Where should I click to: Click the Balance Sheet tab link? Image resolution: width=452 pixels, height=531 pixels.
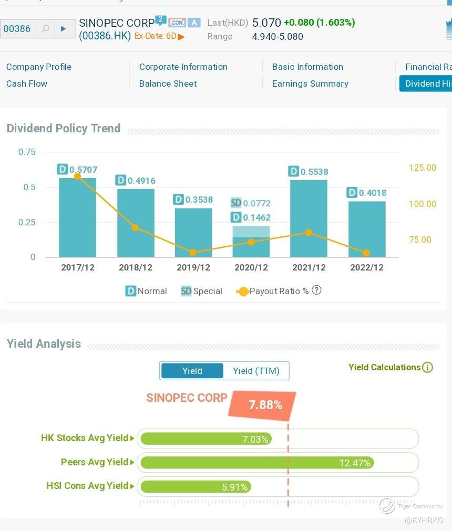[x=168, y=84]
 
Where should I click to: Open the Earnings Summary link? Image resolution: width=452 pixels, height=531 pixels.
[x=310, y=84]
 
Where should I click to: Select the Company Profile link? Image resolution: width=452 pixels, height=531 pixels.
[x=38, y=67]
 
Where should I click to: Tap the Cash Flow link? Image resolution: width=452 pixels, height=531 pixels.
[x=27, y=84]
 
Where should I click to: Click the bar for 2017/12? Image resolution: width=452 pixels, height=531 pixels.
[x=77, y=217]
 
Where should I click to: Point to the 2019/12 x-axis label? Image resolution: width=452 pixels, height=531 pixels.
[x=193, y=267]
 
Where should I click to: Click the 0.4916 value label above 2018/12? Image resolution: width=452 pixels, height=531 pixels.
[x=141, y=181]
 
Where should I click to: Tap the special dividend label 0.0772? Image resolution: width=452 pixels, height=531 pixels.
[x=256, y=203]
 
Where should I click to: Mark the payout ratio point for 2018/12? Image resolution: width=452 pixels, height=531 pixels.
[x=135, y=228]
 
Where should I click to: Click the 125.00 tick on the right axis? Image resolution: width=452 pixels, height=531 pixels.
[x=422, y=168]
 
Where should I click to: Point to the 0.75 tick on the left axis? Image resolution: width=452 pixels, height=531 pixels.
[x=27, y=152]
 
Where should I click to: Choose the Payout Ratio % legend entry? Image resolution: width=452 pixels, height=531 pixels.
[x=273, y=291]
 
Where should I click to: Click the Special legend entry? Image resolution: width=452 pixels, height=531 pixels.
[x=201, y=291]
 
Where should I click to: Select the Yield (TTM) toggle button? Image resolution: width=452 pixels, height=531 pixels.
[x=256, y=371]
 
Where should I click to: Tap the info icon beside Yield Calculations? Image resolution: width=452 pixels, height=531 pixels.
[x=428, y=368]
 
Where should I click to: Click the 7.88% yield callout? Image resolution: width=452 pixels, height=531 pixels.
[x=265, y=405]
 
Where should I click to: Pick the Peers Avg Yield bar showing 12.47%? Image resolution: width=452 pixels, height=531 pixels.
[x=257, y=463]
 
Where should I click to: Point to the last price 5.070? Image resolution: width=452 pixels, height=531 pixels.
[x=266, y=23]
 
